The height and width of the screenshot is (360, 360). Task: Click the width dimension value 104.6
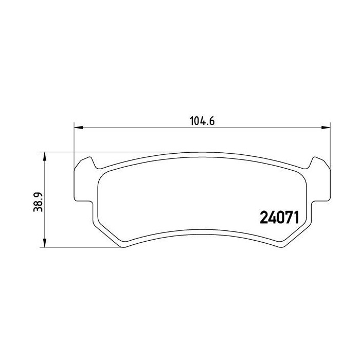[202, 121]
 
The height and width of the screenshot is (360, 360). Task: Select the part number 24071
[279, 218]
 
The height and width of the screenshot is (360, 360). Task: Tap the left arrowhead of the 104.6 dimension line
[78, 128]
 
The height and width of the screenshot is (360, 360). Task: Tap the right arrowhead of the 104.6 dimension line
[326, 128]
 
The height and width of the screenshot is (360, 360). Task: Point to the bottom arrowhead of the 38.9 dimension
[45, 243]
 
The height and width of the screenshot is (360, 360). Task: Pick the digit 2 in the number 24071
[263, 218]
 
